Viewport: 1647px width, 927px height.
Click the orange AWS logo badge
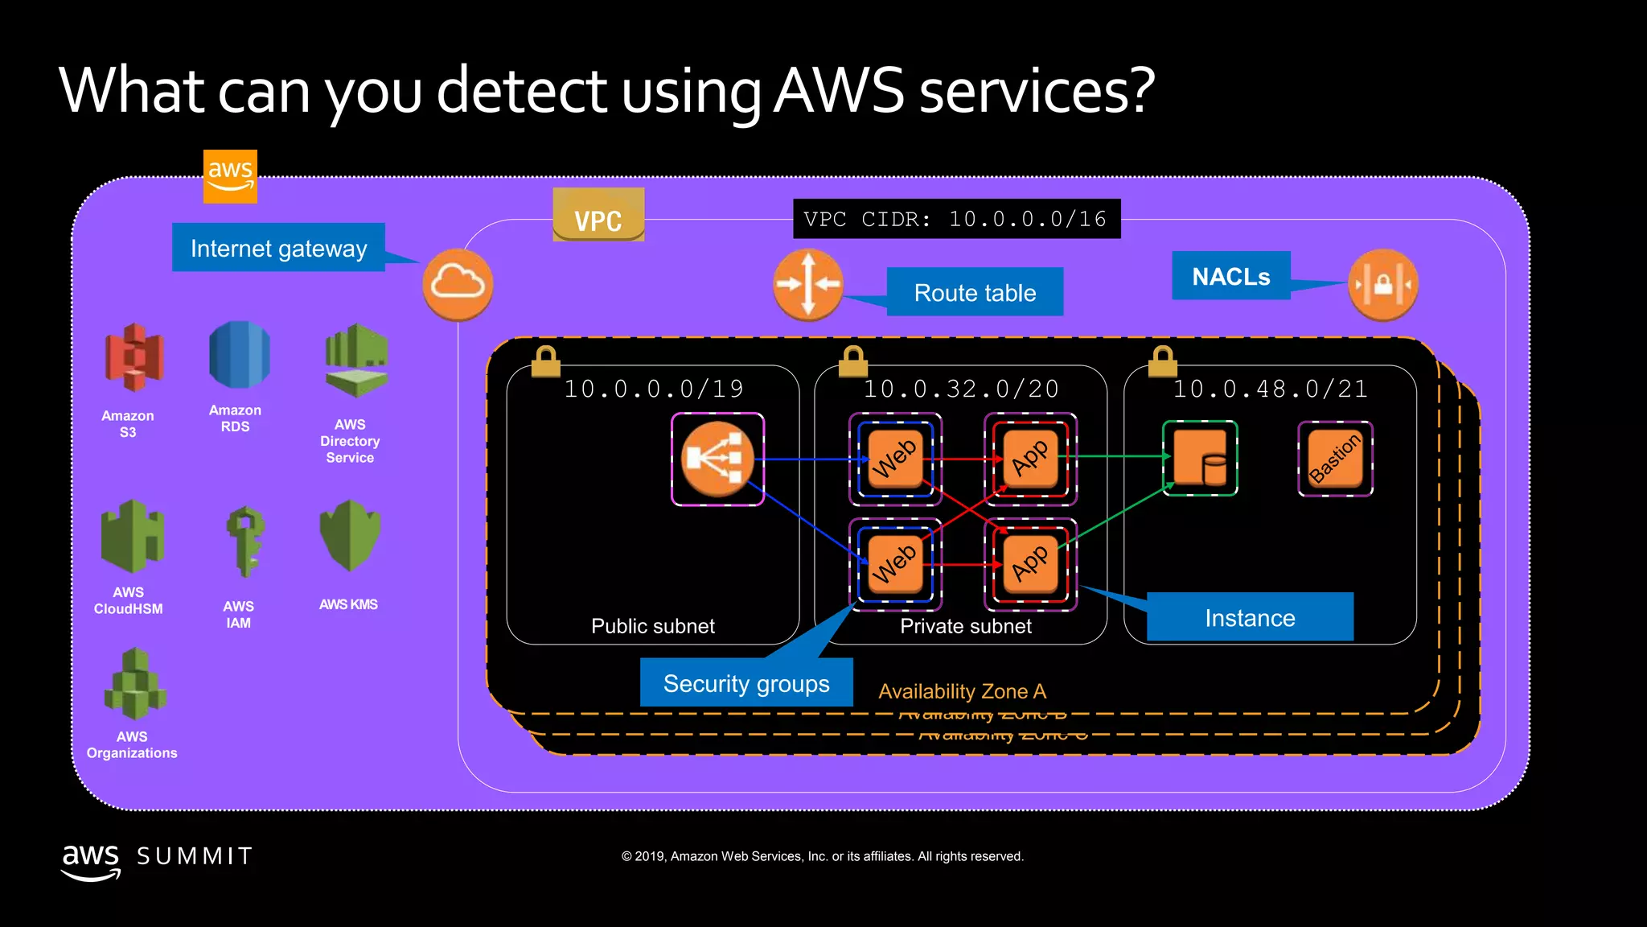(230, 175)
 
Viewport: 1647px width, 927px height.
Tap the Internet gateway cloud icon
(458, 284)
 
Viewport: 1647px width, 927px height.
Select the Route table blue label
(975, 292)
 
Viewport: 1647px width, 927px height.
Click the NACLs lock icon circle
(1382, 284)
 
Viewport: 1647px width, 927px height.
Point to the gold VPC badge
(598, 216)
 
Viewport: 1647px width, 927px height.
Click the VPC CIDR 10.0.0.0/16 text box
(956, 219)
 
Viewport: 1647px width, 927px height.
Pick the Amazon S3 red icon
(133, 357)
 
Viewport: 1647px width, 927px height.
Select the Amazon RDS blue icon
(239, 354)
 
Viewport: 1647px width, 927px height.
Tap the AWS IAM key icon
(244, 541)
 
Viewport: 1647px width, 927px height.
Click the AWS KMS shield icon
(350, 534)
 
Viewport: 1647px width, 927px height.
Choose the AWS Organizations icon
(134, 685)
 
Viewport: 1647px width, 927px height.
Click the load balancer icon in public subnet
(717, 459)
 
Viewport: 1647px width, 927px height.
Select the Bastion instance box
(1335, 459)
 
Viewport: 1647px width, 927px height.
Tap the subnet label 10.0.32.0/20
(961, 389)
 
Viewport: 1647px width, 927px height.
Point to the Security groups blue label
(746, 683)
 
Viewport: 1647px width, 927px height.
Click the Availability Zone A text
(962, 691)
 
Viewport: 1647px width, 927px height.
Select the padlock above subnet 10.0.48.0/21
(1162, 361)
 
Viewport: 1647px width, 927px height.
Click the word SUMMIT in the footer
(195, 856)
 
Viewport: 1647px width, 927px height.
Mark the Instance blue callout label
(1250, 617)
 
